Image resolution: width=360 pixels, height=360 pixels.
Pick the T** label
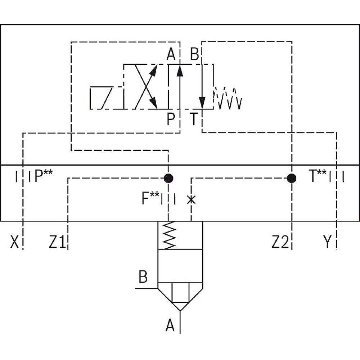(318, 177)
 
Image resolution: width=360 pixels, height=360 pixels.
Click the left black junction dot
(168, 178)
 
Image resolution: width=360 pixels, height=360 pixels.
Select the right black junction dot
(292, 178)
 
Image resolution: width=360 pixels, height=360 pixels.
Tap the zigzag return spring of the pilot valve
(228, 98)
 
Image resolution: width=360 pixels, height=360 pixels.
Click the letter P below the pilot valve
(171, 119)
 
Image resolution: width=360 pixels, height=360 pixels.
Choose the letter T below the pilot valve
(194, 119)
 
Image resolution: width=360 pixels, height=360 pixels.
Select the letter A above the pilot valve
(171, 55)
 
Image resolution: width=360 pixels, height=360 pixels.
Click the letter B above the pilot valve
(194, 55)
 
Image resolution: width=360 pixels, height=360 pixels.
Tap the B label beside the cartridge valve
(143, 278)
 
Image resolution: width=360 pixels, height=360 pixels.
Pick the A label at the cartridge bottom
(170, 327)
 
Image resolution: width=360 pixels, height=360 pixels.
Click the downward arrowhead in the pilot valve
(203, 102)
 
